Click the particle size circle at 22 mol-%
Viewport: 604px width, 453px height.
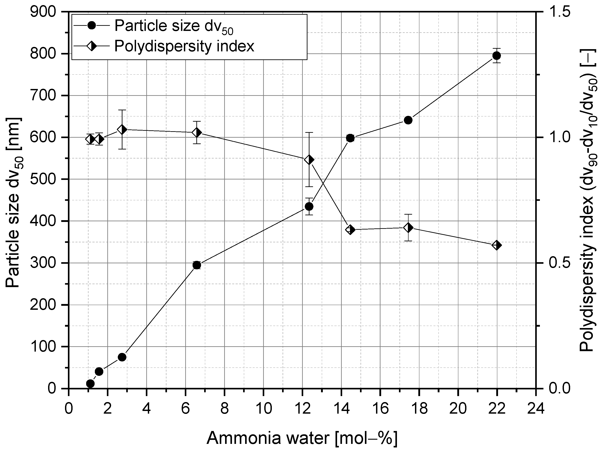pyautogui.click(x=496, y=56)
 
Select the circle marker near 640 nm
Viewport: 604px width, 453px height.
pyautogui.click(x=408, y=120)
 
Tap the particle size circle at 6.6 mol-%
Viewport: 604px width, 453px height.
pyautogui.click(x=197, y=265)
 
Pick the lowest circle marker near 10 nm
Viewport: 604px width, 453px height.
pyautogui.click(x=90, y=384)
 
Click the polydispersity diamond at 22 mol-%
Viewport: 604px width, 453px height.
pyautogui.click(x=496, y=245)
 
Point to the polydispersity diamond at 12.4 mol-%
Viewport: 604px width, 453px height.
pyautogui.click(x=309, y=160)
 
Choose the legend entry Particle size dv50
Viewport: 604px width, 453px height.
pyautogui.click(x=174, y=26)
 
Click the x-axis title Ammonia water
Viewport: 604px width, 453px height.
pyautogui.click(x=302, y=439)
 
